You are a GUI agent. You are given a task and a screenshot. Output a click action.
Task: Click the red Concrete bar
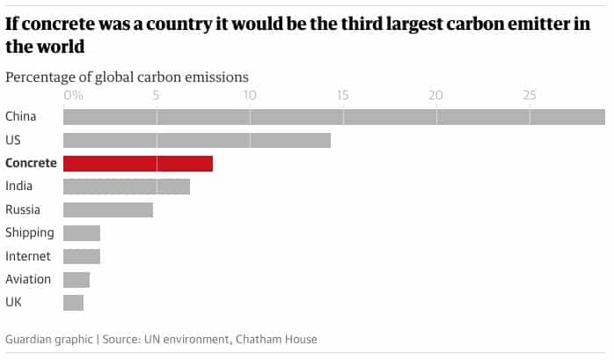coord(138,163)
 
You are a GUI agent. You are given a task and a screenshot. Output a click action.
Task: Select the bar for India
coord(127,187)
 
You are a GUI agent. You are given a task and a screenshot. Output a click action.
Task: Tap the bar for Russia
coord(108,209)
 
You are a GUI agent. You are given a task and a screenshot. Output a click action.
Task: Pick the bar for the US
coord(197,140)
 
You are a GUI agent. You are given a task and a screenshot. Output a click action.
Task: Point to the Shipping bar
coord(82,233)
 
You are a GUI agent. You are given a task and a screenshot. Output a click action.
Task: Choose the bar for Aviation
coord(77,280)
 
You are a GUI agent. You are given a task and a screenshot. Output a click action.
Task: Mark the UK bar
coord(74,303)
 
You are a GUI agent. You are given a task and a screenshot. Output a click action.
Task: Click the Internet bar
coord(82,256)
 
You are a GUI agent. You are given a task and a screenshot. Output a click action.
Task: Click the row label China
coord(20,116)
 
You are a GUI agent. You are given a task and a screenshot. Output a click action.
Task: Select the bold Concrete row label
coord(31,163)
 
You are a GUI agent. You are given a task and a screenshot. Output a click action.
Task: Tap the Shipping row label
coord(30,233)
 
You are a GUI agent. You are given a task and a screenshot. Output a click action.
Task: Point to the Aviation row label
coord(28,280)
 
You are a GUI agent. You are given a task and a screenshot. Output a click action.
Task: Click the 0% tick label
coord(73,94)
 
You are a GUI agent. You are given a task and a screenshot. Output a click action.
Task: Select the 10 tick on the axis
coord(250,94)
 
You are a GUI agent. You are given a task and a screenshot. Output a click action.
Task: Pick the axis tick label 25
coord(530,94)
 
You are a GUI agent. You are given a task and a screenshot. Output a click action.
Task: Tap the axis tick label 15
coord(343,94)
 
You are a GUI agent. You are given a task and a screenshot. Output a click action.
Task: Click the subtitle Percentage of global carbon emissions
coord(127,77)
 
